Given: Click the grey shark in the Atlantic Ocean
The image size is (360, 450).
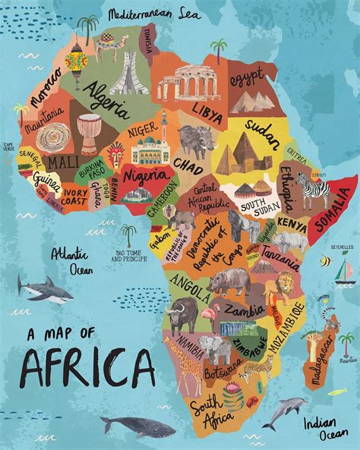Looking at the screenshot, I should (x=45, y=289).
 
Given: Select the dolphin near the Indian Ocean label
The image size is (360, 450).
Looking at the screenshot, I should (x=289, y=410).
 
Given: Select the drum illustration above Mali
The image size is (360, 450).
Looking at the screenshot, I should (x=89, y=133).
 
